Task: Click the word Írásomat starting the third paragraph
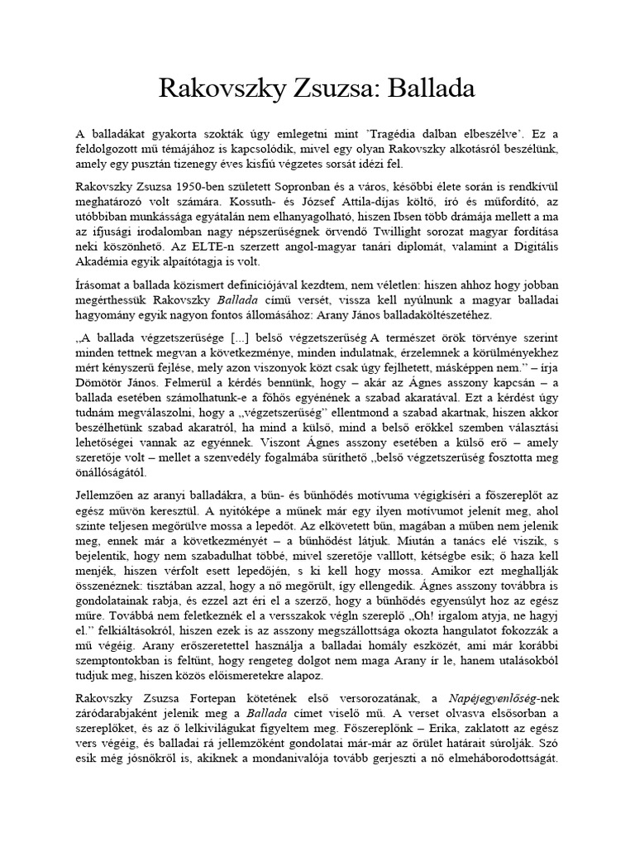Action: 101,285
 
